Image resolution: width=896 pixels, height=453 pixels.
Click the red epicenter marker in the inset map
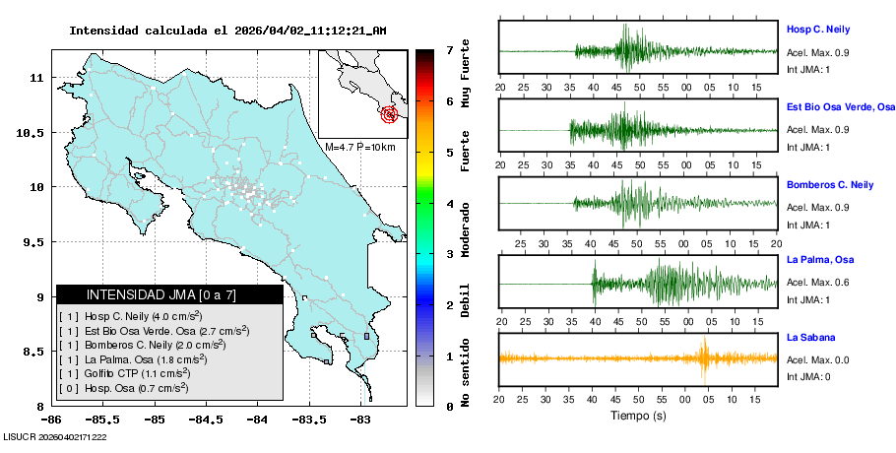pos(391,114)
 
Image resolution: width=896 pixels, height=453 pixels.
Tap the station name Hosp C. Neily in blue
pos(817,30)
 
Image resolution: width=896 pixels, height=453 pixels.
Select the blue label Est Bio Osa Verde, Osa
pos(841,106)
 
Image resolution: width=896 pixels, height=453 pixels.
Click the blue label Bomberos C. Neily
pos(830,184)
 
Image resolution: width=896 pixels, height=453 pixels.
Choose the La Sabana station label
pos(810,338)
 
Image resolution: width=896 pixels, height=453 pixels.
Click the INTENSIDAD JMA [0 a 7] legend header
pos(169,294)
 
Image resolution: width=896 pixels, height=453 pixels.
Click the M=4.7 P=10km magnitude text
pos(359,147)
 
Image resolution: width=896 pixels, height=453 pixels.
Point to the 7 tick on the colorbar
pos(449,49)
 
